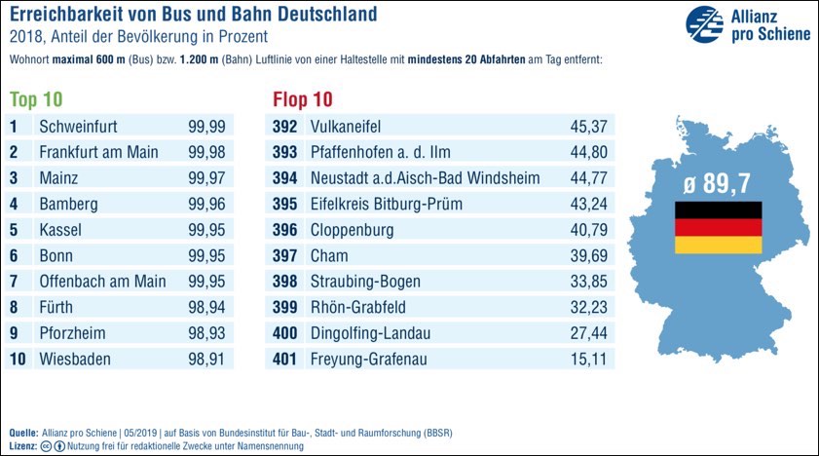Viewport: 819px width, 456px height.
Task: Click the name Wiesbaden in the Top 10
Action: coord(75,359)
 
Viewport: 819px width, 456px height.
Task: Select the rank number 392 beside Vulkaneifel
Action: coord(283,127)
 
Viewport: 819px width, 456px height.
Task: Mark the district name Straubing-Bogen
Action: coord(365,282)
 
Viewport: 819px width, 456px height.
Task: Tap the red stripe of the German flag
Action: coord(719,227)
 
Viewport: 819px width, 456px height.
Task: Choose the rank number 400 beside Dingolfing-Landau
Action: coord(283,333)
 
